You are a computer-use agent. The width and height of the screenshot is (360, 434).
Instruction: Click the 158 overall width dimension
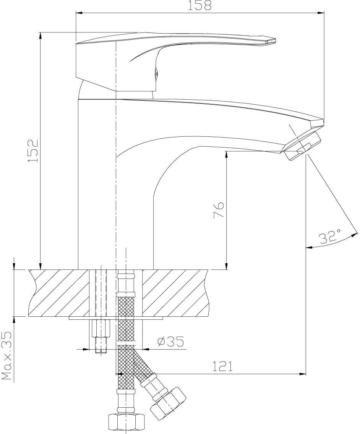199,5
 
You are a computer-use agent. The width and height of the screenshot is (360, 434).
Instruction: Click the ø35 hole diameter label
170,342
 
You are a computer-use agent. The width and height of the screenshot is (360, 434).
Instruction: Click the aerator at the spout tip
302,146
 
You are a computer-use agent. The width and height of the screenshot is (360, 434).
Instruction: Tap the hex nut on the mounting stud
101,328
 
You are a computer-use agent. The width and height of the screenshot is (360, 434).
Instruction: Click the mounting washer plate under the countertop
116,319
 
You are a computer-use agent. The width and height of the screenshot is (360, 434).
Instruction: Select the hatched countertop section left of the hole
59,293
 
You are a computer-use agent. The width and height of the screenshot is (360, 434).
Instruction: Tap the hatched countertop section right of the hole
175,293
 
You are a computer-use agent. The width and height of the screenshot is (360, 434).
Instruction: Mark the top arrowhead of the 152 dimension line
41,36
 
